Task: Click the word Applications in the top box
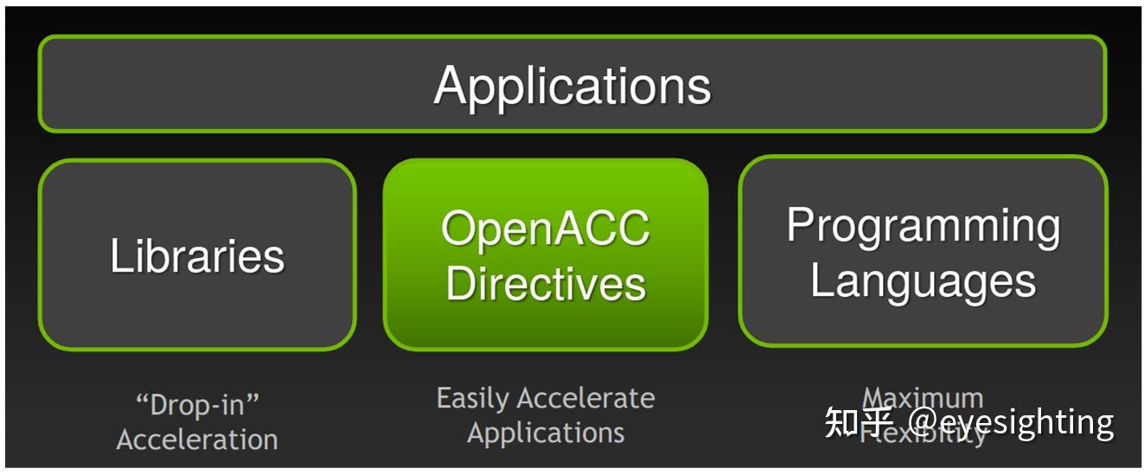(x=572, y=86)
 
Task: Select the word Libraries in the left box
(x=197, y=256)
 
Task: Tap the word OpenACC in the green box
(x=546, y=229)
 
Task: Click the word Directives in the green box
(x=546, y=284)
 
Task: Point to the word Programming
(x=923, y=227)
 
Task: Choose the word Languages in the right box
(x=923, y=282)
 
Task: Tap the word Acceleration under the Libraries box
(x=197, y=440)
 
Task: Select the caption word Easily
(x=475, y=399)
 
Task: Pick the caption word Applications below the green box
(x=546, y=433)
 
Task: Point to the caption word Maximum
(x=923, y=398)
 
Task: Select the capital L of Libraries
(x=120, y=256)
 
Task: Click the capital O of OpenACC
(x=457, y=229)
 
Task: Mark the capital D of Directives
(x=459, y=284)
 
